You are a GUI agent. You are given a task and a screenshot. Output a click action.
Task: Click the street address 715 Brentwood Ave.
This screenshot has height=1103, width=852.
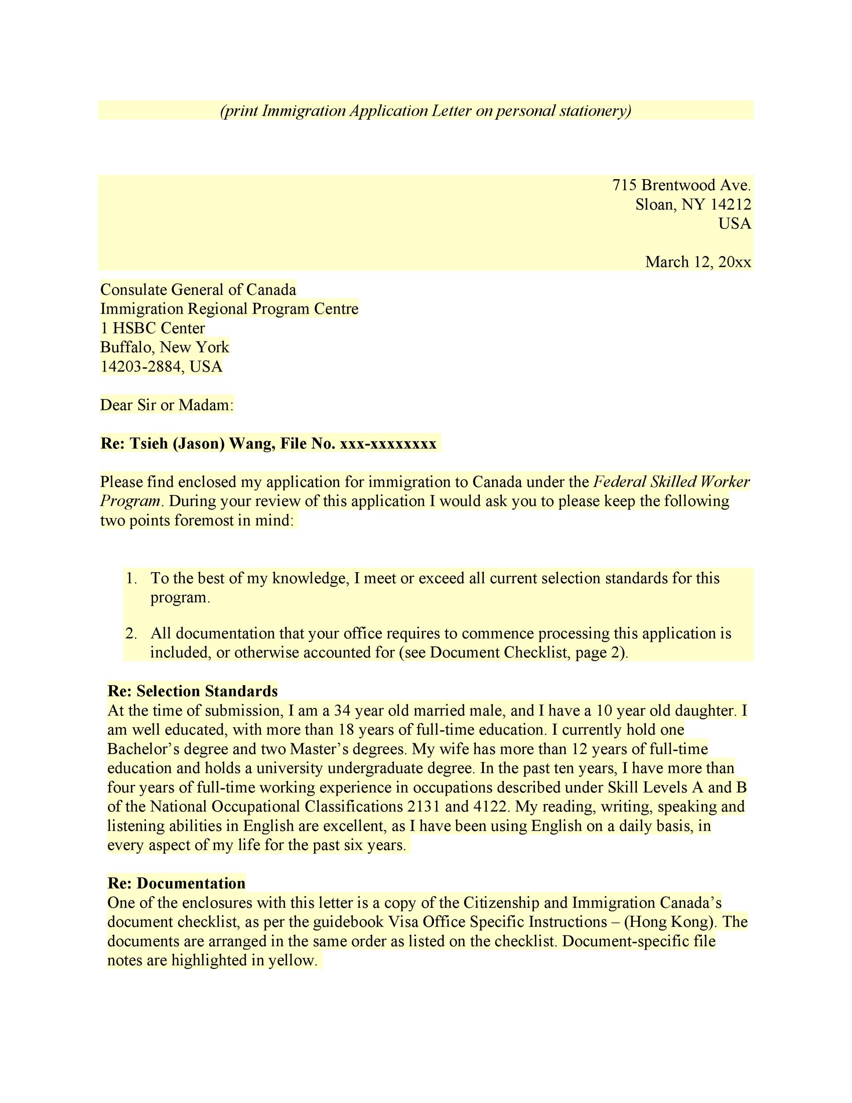click(x=681, y=185)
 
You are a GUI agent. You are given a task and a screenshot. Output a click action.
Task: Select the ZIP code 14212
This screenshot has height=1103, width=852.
click(x=731, y=205)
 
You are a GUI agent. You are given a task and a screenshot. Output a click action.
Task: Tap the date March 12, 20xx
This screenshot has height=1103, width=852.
click(x=698, y=262)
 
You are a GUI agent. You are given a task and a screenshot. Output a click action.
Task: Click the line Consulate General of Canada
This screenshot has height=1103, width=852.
click(x=198, y=289)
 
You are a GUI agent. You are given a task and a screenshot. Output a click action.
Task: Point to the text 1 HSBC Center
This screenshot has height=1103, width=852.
click(x=153, y=328)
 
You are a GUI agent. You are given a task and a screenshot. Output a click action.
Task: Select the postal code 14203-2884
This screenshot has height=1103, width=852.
click(x=138, y=367)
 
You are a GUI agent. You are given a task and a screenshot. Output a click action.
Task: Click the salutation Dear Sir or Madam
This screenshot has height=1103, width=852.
click(x=167, y=405)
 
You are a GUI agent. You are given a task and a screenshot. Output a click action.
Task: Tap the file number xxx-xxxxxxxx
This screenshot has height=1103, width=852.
click(x=388, y=443)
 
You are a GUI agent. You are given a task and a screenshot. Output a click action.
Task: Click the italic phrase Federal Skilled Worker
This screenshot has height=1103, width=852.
click(x=671, y=482)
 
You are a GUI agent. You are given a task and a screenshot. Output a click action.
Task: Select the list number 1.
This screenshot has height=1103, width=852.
click(x=131, y=578)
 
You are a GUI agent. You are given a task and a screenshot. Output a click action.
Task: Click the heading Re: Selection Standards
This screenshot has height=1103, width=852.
click(x=192, y=691)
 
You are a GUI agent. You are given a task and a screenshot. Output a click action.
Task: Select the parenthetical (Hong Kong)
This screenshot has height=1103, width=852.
click(x=670, y=922)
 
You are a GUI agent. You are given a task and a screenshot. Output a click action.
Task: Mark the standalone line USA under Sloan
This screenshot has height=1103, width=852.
click(x=735, y=223)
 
